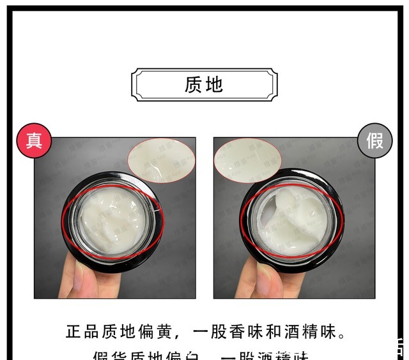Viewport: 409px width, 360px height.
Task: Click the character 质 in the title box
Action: [193, 85]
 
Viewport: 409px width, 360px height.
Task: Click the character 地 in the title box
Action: [215, 85]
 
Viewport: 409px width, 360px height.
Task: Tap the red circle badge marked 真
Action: [34, 140]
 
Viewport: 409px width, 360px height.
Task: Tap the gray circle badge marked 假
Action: [374, 140]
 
